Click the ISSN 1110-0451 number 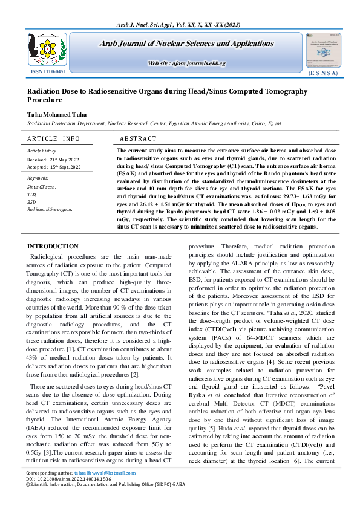pyautogui.click(x=48, y=71)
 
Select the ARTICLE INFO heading pyautogui.click(x=53, y=139)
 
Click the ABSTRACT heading pyautogui.click(x=138, y=139)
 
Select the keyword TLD pyautogui.click(x=32, y=195)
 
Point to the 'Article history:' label pyautogui.click(x=42, y=151)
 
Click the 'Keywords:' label pyautogui.click(x=38, y=178)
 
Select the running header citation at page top pyautogui.click(x=180, y=24)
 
